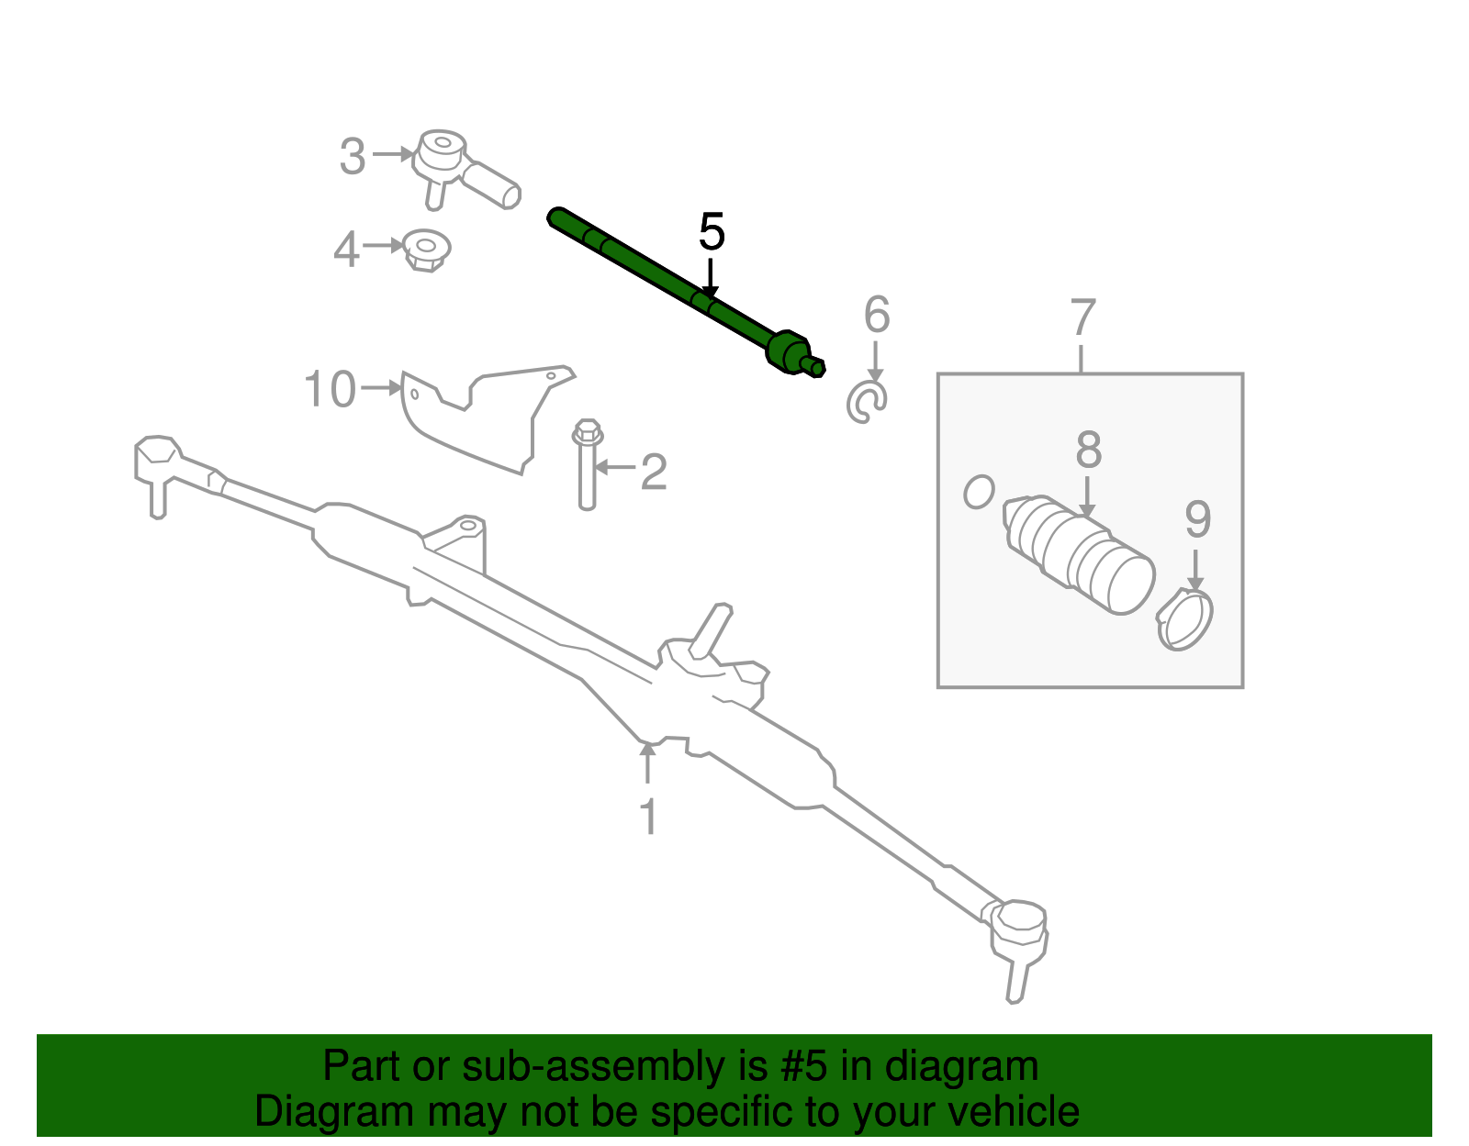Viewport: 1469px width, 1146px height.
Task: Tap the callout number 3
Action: pos(353,157)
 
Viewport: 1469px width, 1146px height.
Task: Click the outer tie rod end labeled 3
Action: pos(459,169)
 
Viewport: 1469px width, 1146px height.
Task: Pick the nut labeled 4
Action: pos(427,249)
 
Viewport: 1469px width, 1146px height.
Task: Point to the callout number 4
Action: pos(346,250)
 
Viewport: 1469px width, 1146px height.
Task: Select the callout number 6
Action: pos(877,316)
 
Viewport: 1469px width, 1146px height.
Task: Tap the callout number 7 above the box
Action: pos(1083,318)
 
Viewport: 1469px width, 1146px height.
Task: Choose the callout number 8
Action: pos(1088,451)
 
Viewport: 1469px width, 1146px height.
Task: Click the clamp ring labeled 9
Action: pos(1185,621)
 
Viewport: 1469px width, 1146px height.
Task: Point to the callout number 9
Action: pos(1197,519)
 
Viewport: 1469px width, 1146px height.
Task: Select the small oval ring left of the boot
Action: pos(979,491)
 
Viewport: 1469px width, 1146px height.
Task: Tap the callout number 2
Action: pos(653,473)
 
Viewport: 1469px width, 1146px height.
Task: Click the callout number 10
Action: pos(330,390)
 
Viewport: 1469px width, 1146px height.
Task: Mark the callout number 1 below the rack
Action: pos(648,817)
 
